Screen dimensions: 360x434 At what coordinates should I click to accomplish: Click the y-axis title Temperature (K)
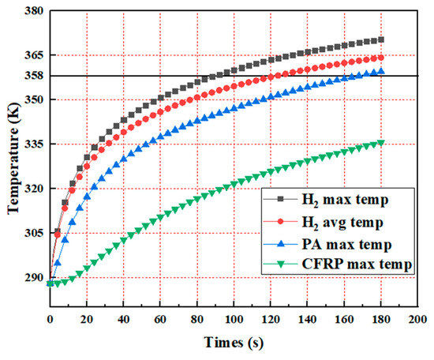point(13,151)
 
